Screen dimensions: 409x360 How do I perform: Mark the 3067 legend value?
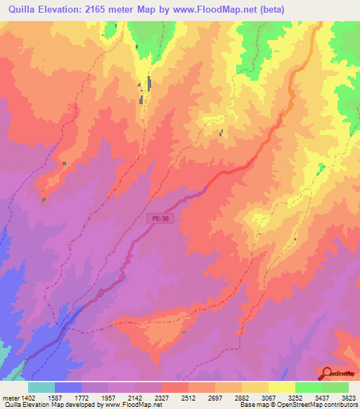271,397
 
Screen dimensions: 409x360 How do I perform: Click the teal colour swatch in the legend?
41,387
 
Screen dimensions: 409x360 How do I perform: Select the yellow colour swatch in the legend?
282,387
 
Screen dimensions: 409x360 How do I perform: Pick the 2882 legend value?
245,397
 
